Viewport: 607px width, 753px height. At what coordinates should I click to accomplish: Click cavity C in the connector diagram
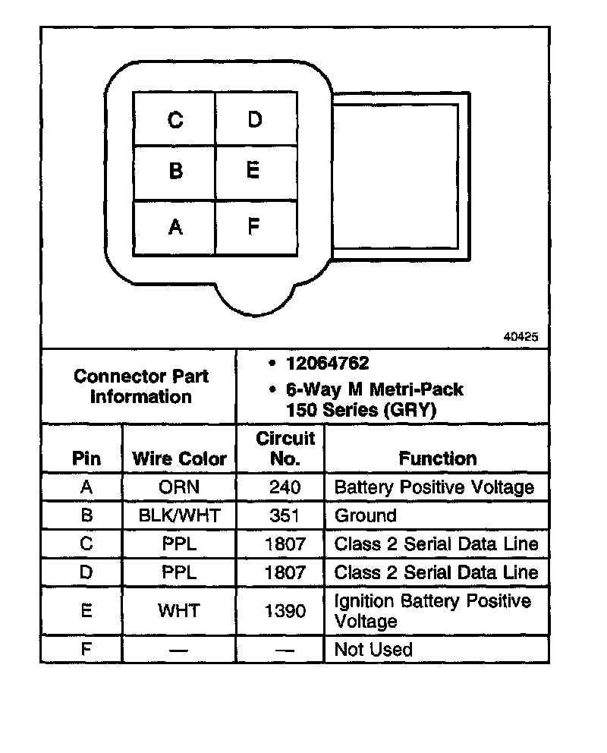point(175,119)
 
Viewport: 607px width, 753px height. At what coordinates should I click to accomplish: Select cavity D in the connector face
point(255,119)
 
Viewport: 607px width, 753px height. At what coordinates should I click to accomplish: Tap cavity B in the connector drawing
point(175,171)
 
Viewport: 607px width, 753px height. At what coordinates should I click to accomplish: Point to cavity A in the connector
point(175,226)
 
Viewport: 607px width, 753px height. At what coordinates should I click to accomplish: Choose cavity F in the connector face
point(254,226)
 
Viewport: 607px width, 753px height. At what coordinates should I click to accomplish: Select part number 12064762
point(327,364)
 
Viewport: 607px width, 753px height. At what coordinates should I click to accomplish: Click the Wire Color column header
point(179,458)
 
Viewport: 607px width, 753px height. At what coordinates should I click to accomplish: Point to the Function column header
point(438,458)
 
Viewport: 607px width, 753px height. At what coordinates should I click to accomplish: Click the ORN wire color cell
point(179,487)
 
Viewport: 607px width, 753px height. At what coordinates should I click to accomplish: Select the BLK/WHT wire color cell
point(179,516)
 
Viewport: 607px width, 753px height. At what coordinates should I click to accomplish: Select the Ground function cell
point(365,516)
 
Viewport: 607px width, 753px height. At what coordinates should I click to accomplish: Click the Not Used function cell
point(373,650)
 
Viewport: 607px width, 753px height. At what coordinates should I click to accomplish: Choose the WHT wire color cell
point(179,610)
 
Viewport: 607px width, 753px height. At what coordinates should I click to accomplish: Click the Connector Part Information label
point(141,386)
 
